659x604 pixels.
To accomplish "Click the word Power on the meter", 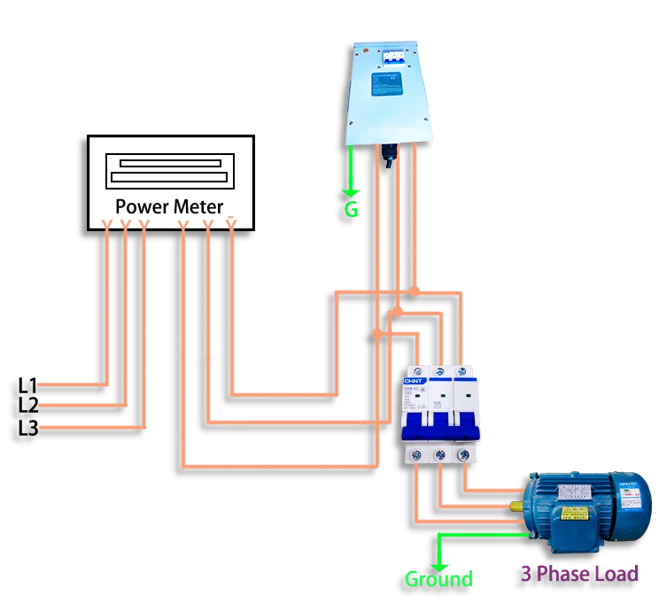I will coord(142,206).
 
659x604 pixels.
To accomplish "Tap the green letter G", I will coord(351,210).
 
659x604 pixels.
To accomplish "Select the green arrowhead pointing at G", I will coord(352,189).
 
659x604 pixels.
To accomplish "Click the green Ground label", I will coord(438,579).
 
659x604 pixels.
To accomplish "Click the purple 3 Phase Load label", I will coord(579,573).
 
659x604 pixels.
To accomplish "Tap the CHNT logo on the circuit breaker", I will coord(415,380).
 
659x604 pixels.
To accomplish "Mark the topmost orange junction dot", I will coord(415,290).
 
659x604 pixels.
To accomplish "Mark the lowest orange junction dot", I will coord(378,334).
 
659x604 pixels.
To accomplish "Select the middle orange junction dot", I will coord(398,311).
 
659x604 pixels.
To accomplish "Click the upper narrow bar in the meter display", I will coord(170,163).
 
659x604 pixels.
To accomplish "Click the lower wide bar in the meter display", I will coord(170,177).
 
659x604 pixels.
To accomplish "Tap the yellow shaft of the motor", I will coord(516,507).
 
